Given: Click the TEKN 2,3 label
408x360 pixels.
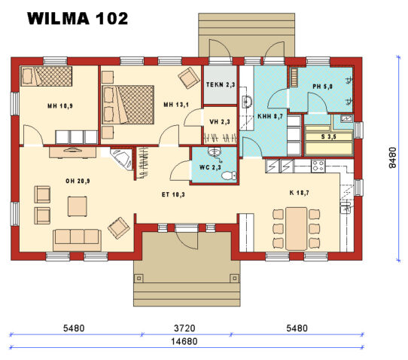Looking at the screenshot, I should (x=221, y=85).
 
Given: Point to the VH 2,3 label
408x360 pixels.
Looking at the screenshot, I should (x=220, y=121).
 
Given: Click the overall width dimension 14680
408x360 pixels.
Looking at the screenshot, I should (x=187, y=341).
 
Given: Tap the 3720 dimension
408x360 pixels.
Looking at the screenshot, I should (x=187, y=328).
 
